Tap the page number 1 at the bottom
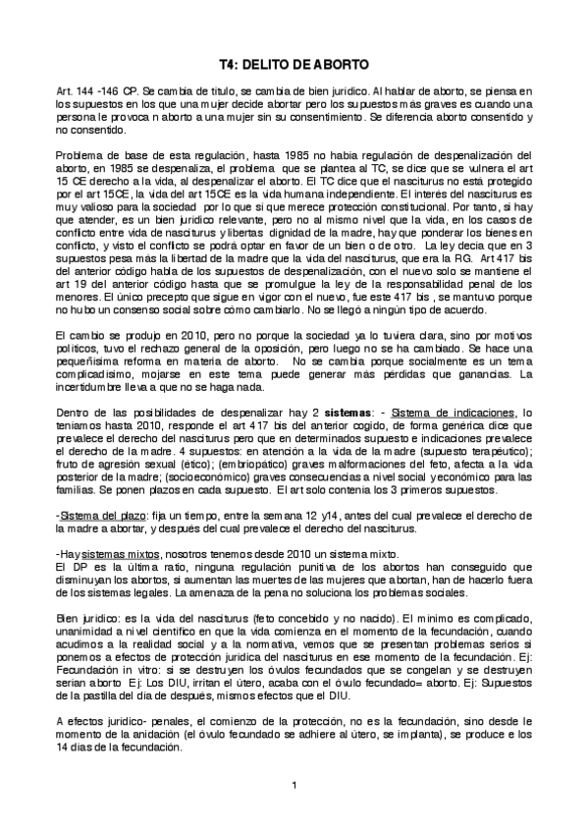pyautogui.click(x=294, y=784)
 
